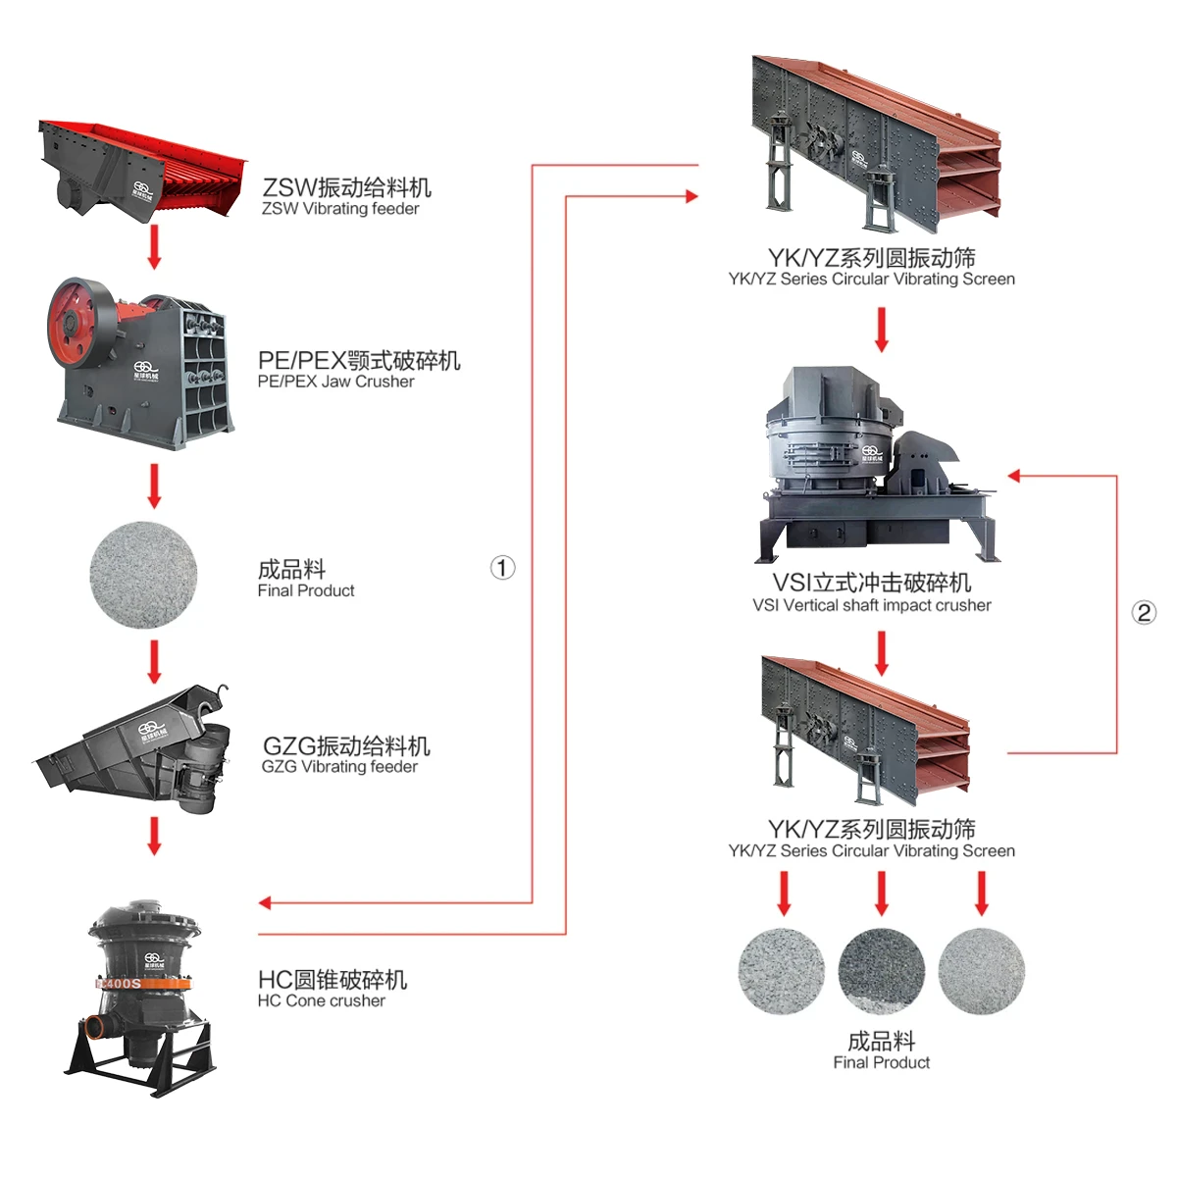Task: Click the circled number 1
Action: [502, 568]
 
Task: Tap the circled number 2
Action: [1144, 613]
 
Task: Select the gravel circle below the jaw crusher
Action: [143, 575]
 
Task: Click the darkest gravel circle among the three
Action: [882, 971]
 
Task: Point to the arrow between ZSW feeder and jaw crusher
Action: [154, 246]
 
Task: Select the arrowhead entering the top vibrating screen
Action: [691, 196]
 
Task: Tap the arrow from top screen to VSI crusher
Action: [881, 330]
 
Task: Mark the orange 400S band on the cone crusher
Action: [120, 983]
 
